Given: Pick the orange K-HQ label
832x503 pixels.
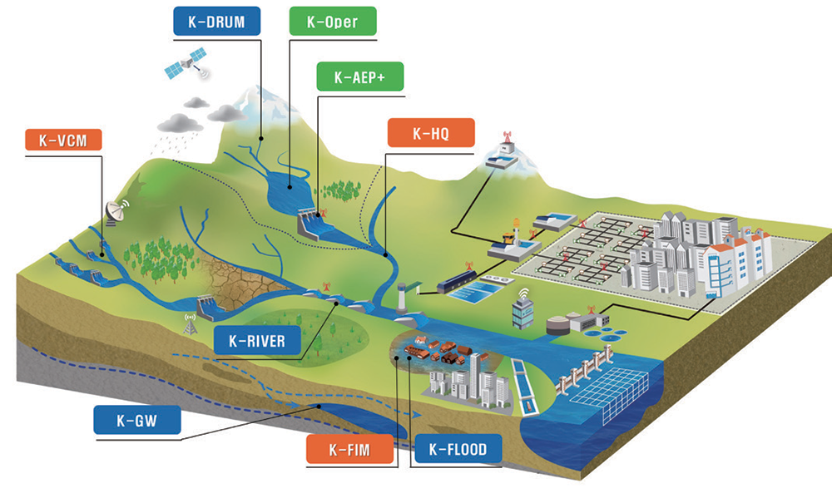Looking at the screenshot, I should (431, 133).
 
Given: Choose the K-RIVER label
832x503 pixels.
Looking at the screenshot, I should (250, 340).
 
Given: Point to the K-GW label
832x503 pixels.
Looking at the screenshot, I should (137, 422).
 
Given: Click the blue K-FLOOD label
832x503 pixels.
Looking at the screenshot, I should (458, 451).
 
